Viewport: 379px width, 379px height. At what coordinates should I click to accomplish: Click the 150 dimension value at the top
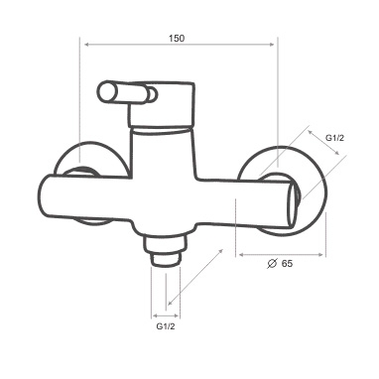[x=177, y=38]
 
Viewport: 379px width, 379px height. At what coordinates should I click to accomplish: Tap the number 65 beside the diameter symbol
[x=287, y=264]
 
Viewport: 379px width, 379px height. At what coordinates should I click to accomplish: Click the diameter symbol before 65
[x=272, y=264]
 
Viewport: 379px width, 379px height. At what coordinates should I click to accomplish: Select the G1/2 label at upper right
[x=334, y=138]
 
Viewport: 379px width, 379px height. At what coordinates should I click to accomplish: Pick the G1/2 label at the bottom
[x=166, y=326]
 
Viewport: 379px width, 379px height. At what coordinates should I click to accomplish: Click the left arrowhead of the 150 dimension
[x=87, y=45]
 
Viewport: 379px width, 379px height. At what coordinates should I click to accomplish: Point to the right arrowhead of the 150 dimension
[x=272, y=45]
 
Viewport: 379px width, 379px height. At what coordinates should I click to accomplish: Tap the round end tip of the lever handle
[x=104, y=91]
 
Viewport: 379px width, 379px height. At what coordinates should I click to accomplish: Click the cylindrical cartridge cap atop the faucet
[x=161, y=103]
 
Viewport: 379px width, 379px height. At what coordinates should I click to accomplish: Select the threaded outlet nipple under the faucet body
[x=165, y=249]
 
